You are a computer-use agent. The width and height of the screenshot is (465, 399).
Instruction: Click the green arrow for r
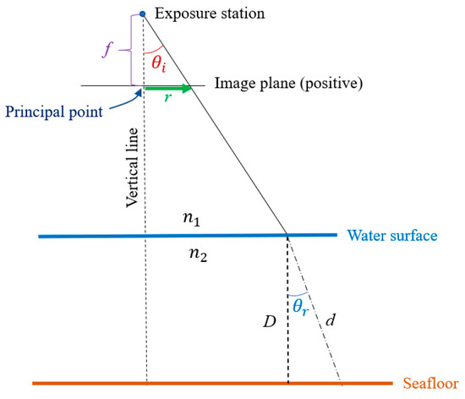(x=169, y=86)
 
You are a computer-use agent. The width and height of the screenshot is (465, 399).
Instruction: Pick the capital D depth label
(x=269, y=322)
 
